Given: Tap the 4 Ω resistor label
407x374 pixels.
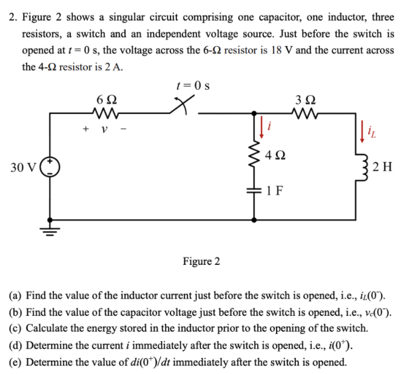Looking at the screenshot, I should coord(274,155).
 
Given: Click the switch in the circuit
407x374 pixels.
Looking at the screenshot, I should coord(181,109).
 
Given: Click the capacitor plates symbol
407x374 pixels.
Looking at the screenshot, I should coord(255,190).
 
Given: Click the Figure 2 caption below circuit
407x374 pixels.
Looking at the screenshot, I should coord(201,261).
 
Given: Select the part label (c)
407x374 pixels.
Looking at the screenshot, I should coord(15,329).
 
